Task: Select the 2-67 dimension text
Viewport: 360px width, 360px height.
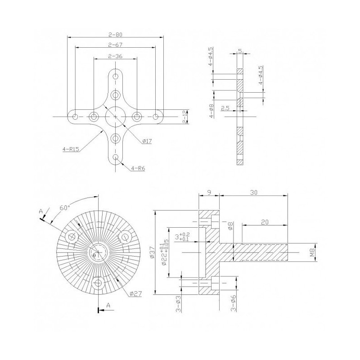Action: pos(116,45)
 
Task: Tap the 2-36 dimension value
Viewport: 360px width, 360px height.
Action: pos(116,56)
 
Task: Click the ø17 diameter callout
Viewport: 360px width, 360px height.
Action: pos(147,141)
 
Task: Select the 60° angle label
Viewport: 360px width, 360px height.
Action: pos(65,208)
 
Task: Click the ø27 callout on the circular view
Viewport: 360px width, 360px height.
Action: pos(135,294)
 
